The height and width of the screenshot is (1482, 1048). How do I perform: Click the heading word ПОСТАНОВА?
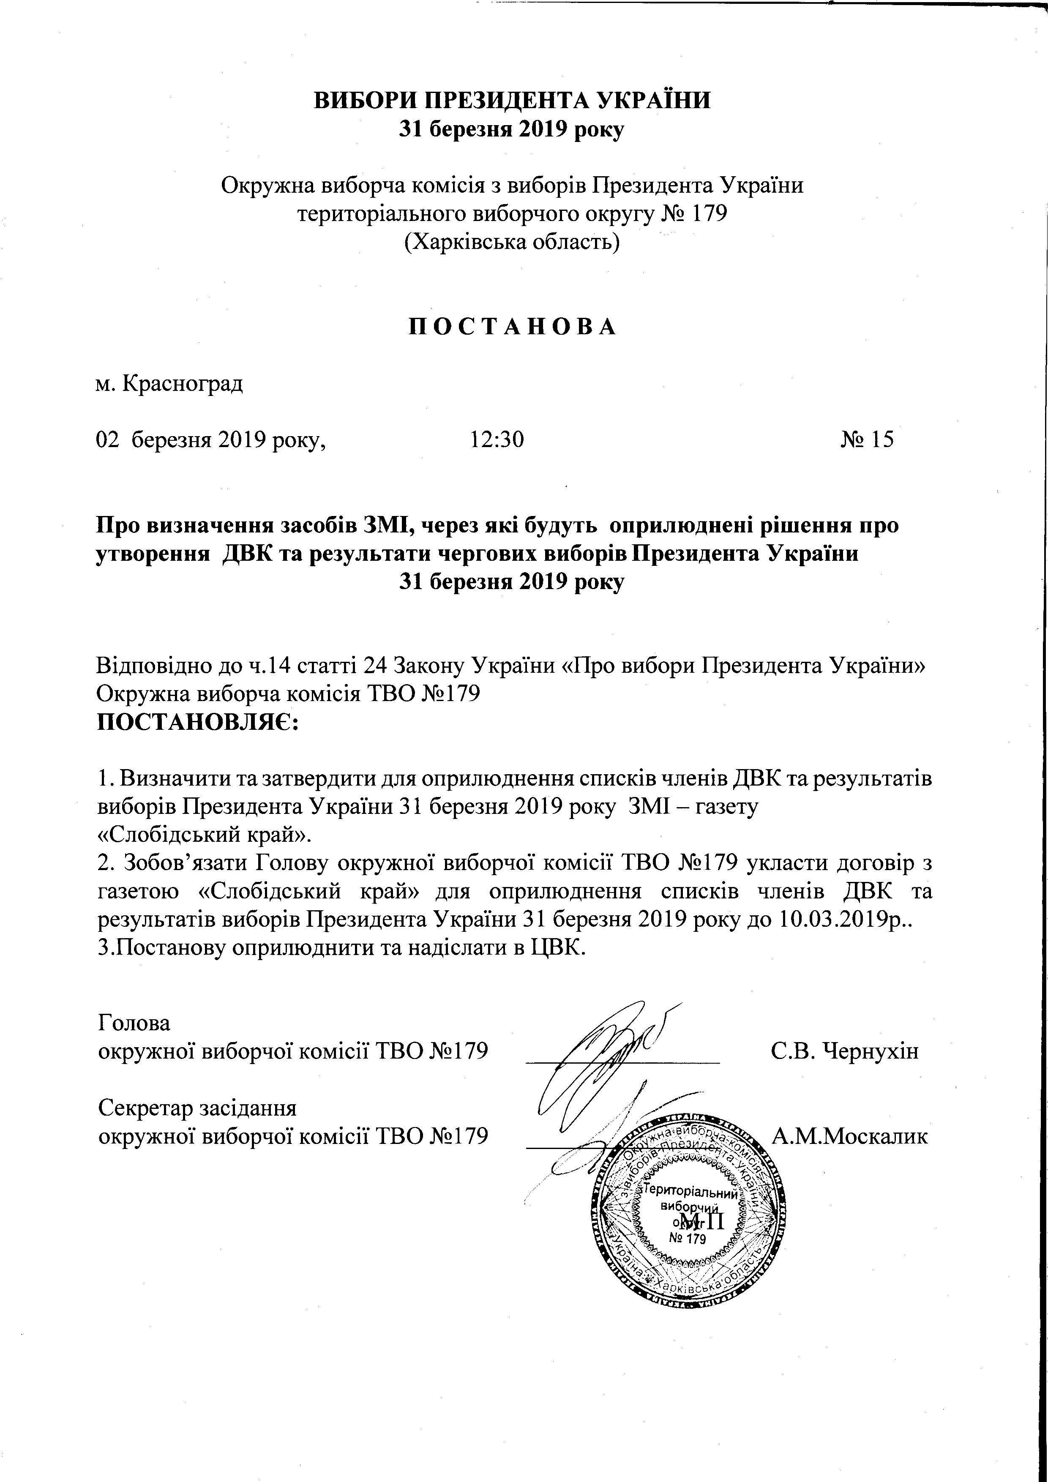[x=513, y=327]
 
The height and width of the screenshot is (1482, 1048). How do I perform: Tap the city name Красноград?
[x=182, y=384]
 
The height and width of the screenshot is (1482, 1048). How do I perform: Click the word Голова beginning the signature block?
[x=134, y=1024]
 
